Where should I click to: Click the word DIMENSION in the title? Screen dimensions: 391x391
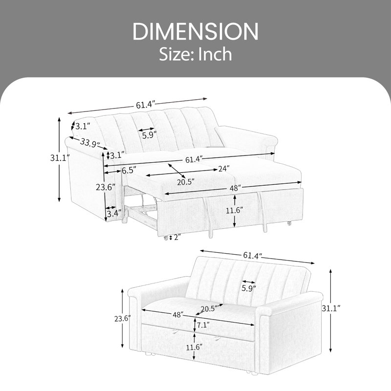pyautogui.click(x=195, y=31)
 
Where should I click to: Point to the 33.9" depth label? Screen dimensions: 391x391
pyautogui.click(x=90, y=143)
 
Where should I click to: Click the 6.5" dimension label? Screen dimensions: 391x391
pyautogui.click(x=129, y=170)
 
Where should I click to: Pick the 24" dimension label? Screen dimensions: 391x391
pyautogui.click(x=224, y=169)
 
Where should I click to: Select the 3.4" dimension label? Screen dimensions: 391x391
pyautogui.click(x=114, y=214)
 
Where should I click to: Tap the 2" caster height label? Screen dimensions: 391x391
pyautogui.click(x=177, y=238)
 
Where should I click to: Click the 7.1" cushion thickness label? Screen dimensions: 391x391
pyautogui.click(x=203, y=325)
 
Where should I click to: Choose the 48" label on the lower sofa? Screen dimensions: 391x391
pyautogui.click(x=178, y=315)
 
